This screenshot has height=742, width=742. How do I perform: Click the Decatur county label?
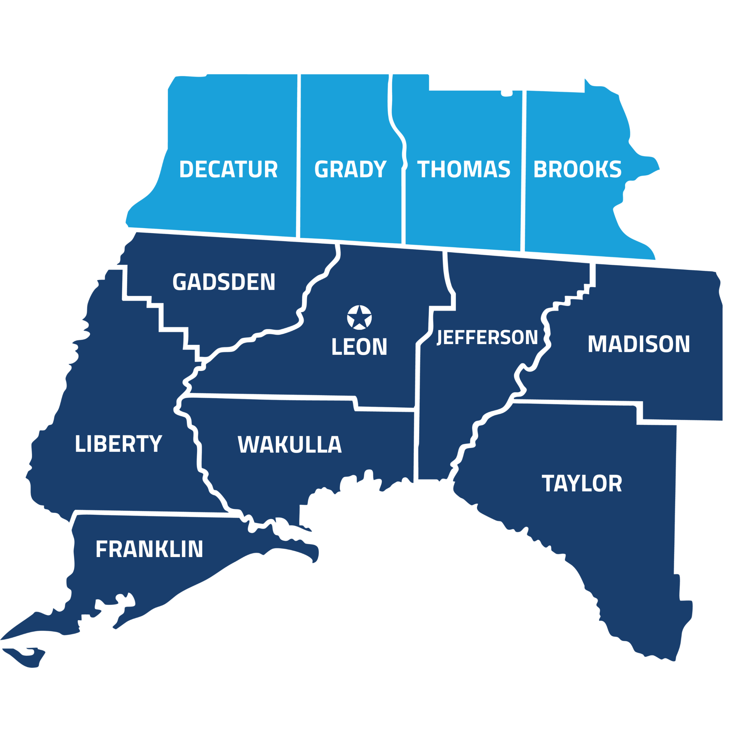point(228,169)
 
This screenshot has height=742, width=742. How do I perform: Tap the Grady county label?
point(350,169)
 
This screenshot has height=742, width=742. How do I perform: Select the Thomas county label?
point(463,169)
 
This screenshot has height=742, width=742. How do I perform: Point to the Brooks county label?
point(577,169)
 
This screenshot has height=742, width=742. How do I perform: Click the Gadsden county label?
point(224,282)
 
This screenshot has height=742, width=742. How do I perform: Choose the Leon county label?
point(359,347)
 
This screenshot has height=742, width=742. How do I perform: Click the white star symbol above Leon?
point(359,317)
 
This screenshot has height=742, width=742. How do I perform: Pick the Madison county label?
point(639,344)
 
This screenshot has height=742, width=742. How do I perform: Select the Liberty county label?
point(118,444)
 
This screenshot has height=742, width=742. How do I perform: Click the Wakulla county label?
point(290,445)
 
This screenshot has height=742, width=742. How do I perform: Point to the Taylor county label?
point(582,483)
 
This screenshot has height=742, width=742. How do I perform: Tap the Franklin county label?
point(149,549)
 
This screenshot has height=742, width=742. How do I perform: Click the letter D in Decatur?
point(187,169)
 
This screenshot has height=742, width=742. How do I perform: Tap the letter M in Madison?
point(596,344)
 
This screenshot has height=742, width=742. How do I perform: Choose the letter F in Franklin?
point(102,549)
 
